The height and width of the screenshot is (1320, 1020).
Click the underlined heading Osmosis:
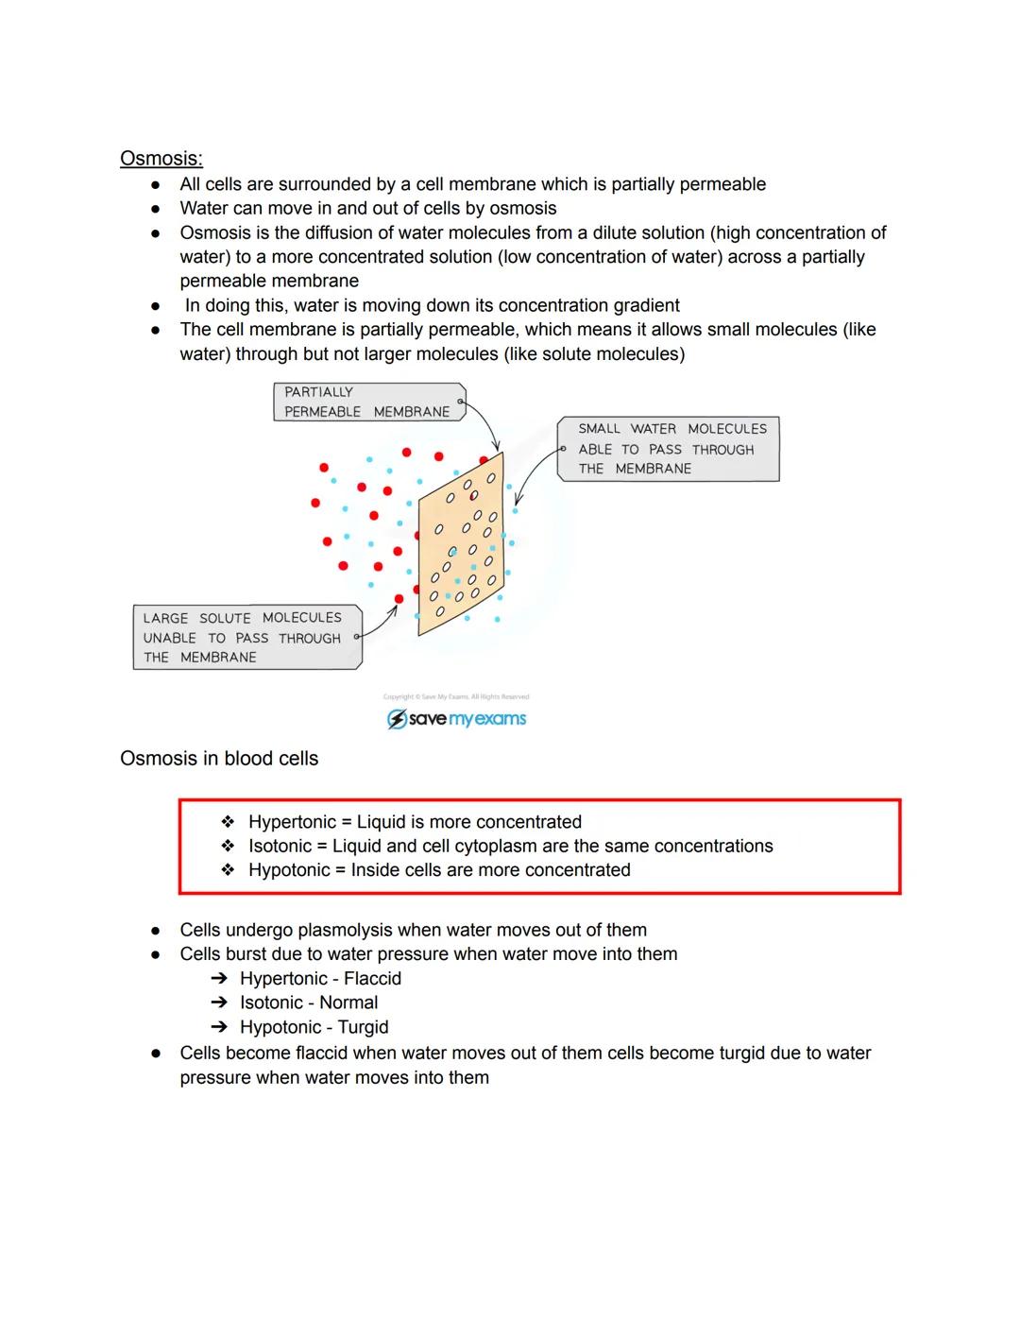161,159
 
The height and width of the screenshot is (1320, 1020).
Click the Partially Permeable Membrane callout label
367,403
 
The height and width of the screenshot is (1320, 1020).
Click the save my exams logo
457,719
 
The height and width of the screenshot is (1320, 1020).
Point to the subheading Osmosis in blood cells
219,759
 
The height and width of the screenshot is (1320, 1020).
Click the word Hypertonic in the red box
292,822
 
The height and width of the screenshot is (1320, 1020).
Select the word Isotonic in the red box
280,847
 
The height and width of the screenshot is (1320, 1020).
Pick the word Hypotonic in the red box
289,870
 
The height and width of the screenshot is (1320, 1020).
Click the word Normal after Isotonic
348,1003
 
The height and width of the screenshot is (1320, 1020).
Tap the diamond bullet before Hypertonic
228,822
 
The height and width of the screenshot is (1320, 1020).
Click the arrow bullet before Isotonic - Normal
219,1003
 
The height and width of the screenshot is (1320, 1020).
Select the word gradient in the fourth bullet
641,306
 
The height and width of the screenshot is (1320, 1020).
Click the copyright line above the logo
456,697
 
